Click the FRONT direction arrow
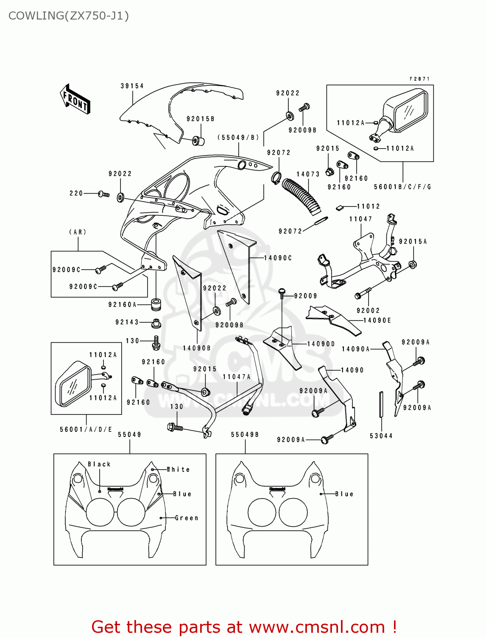pyautogui.click(x=75, y=99)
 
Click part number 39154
pyautogui.click(x=132, y=86)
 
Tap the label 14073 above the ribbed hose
pyautogui.click(x=308, y=174)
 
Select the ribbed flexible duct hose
pyautogui.click(x=302, y=195)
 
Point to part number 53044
pyautogui.click(x=381, y=436)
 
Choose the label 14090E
pyautogui.click(x=377, y=321)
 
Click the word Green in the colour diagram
pyautogui.click(x=187, y=518)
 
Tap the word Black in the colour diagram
pyautogui.click(x=99, y=464)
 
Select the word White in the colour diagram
pyautogui.click(x=179, y=470)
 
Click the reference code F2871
pyautogui.click(x=419, y=79)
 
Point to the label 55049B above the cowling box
pyautogui.click(x=245, y=435)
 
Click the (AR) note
pyautogui.click(x=78, y=232)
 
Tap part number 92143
pyautogui.click(x=127, y=322)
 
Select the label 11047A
pyautogui.click(x=236, y=377)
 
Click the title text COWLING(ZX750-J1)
pyautogui.click(x=69, y=16)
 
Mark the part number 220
pyautogui.click(x=76, y=194)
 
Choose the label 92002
pyautogui.click(x=368, y=311)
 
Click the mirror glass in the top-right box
pyautogui.click(x=410, y=110)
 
